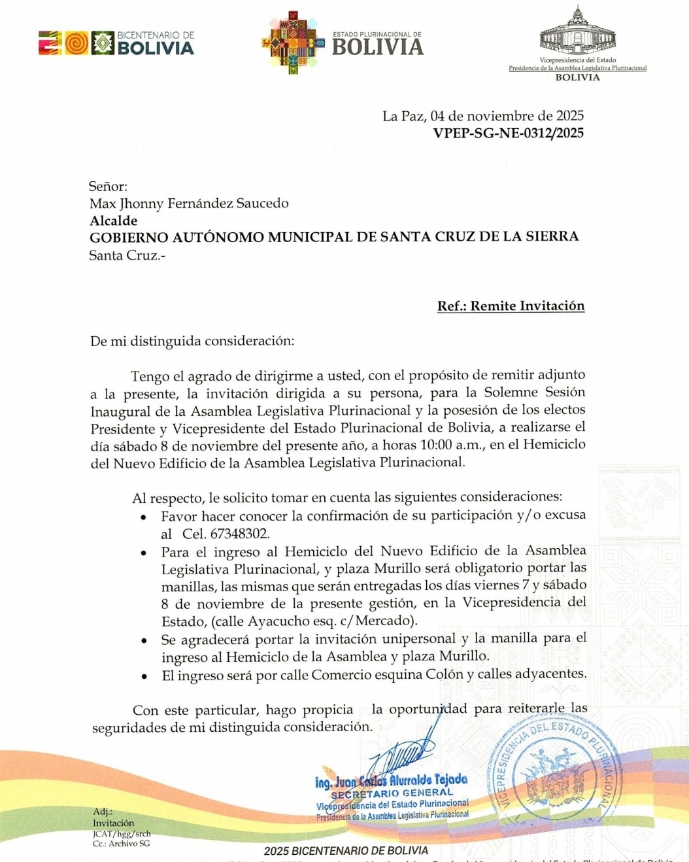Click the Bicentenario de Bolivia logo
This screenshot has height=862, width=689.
[x=116, y=43]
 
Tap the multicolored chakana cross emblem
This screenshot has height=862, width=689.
[x=294, y=43]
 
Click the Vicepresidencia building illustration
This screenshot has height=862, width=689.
[x=577, y=33]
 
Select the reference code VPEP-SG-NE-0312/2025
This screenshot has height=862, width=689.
[x=508, y=133]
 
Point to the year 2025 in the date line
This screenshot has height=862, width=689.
[x=569, y=116]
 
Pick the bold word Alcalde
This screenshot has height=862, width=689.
[x=114, y=220]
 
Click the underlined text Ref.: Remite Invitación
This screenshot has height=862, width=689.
[x=511, y=306]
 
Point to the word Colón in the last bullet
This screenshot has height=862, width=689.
[x=445, y=674]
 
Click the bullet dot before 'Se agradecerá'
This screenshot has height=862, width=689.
[x=144, y=640]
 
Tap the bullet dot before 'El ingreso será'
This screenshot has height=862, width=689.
[x=144, y=676]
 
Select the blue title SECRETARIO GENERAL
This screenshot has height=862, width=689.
[x=392, y=793]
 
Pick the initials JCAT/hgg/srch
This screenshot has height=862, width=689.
[x=122, y=834]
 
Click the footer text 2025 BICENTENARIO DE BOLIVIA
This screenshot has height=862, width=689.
[x=346, y=851]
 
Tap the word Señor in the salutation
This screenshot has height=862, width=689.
[x=108, y=186]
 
